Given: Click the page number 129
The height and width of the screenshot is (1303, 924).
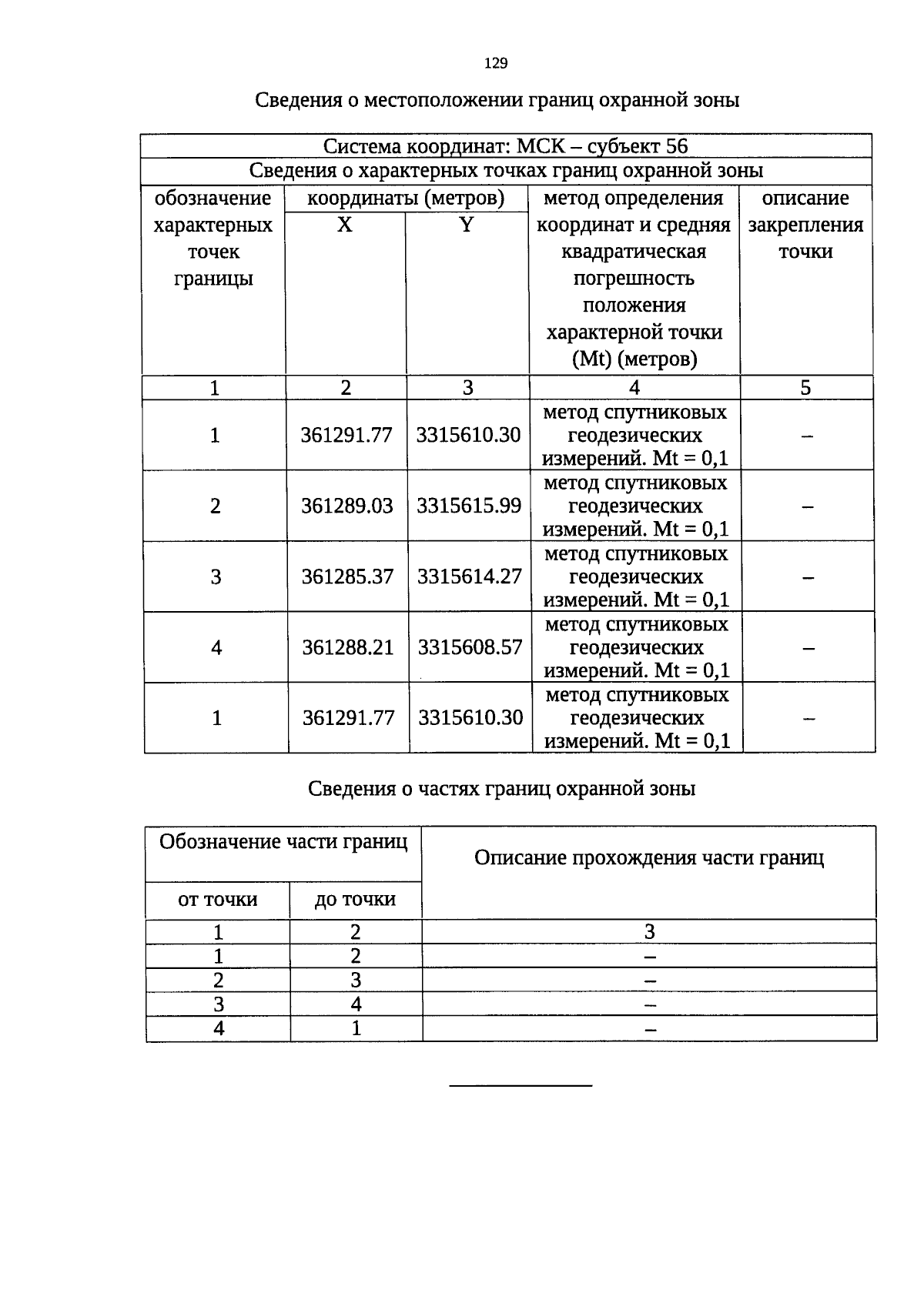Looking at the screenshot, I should pos(496,64).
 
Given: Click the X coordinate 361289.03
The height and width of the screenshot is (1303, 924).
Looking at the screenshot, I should pos(346,506).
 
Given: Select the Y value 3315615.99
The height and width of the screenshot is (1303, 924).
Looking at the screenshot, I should pos(469,506).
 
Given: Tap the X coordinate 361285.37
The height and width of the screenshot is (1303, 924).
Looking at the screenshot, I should pos(347,576).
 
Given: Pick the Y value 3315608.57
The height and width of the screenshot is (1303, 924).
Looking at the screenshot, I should pos(470,647).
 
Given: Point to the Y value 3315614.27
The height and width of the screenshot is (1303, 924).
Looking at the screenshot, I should pos(469,576).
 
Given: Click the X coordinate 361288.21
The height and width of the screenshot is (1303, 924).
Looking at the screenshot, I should pos(348,647).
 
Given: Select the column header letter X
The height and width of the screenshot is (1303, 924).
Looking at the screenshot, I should pos(345,225).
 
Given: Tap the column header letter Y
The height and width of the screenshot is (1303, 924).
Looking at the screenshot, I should pos(467,225).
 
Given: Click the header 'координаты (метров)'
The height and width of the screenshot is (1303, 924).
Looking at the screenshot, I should pos(406,199).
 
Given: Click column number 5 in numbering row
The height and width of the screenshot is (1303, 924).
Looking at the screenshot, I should pos(805,388).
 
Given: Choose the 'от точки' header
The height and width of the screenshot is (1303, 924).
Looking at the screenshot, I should pos(218,900).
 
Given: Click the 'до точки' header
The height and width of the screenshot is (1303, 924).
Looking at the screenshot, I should pos(355,900).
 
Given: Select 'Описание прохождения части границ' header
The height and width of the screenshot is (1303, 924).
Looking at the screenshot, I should pos(649,858).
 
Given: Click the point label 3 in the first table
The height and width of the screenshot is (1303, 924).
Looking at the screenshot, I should pos(216,576).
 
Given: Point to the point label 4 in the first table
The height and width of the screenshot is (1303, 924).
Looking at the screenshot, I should pos(216,647).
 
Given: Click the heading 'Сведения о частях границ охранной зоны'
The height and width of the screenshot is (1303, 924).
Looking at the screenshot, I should pos(502,789).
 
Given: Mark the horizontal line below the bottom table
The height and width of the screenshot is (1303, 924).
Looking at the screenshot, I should pos(521,1085).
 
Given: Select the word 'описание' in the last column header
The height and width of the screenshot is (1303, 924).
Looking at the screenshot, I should pos(805,199).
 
